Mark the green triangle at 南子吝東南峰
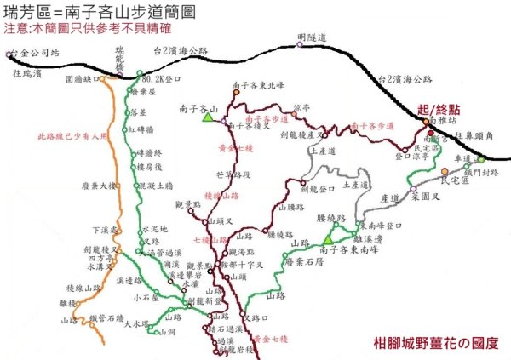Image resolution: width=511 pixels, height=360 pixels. (327, 238)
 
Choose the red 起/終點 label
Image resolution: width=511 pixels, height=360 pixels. (439, 110)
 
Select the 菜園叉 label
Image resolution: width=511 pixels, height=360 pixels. (425, 195)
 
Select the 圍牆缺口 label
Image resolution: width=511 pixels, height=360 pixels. (81, 79)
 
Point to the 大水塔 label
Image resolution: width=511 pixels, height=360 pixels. (136, 323)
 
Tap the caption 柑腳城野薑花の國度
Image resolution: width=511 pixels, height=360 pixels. (435, 344)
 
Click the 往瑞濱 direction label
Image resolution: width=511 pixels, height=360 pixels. (27, 75)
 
